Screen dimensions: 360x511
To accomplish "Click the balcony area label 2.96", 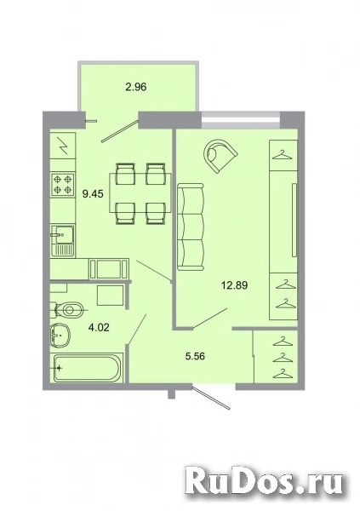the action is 136,87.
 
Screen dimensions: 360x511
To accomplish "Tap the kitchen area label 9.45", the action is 93,194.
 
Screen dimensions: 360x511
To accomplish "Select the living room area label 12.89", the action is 235,285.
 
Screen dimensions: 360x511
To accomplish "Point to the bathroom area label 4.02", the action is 99,327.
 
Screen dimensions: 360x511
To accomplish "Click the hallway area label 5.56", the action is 195,357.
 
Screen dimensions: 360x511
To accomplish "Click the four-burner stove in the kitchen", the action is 62,184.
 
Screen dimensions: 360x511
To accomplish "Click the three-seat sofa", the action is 191,227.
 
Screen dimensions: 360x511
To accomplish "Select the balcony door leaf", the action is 120,131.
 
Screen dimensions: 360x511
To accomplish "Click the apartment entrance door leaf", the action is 211,398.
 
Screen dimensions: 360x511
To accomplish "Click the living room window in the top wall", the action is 241,121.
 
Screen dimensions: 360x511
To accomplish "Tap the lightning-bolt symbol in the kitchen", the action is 64,146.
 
